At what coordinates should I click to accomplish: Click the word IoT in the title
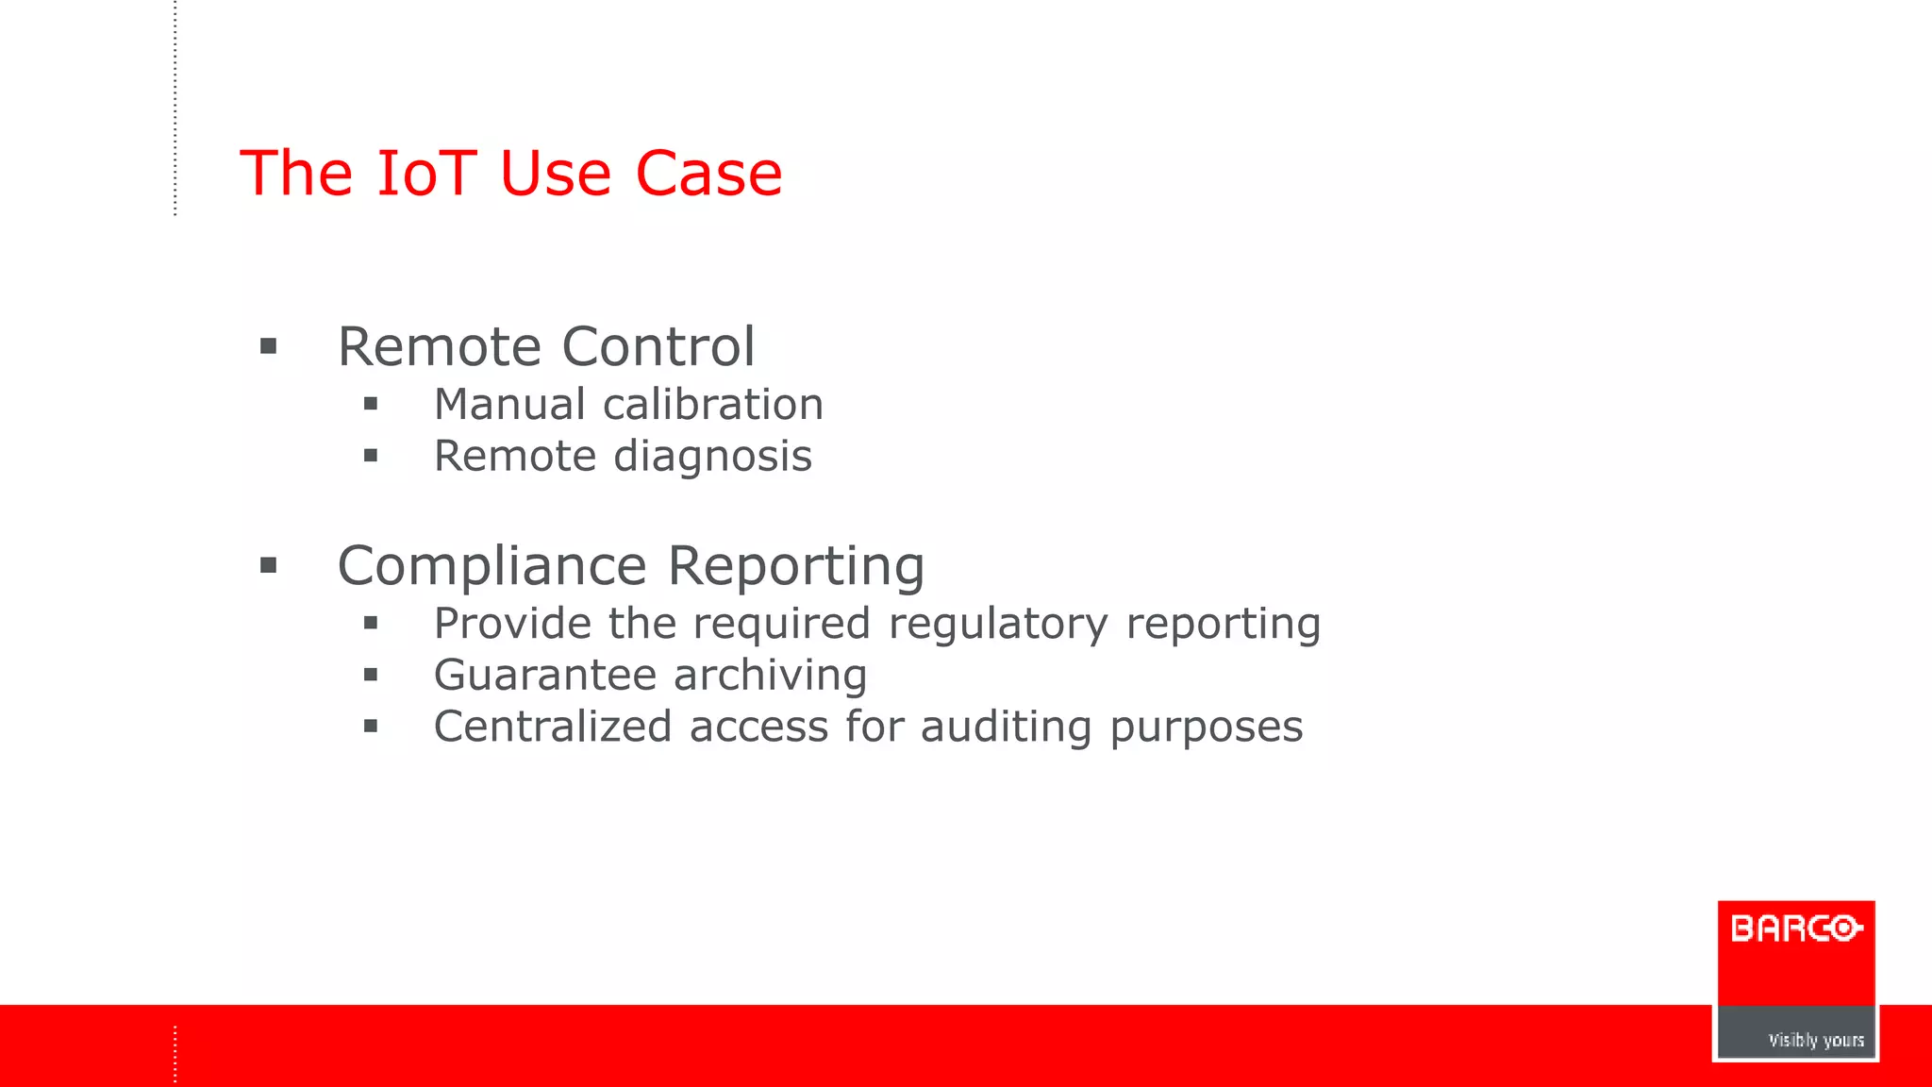click(426, 174)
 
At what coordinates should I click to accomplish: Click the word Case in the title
click(708, 174)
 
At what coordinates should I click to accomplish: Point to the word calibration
click(713, 405)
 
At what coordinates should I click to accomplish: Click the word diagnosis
click(713, 457)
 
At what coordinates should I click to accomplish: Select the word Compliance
click(491, 566)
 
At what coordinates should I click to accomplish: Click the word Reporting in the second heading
click(796, 566)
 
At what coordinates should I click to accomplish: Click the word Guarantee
click(544, 676)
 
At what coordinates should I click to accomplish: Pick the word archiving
click(770, 676)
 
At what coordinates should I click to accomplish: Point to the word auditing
click(1006, 727)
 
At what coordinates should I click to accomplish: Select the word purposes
click(1207, 728)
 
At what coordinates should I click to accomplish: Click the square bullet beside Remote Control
click(269, 347)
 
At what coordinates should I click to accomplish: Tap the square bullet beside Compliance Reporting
click(269, 566)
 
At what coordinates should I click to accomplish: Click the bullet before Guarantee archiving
click(371, 676)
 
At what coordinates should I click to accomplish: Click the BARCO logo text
click(1796, 928)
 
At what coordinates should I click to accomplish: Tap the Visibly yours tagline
click(1816, 1040)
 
